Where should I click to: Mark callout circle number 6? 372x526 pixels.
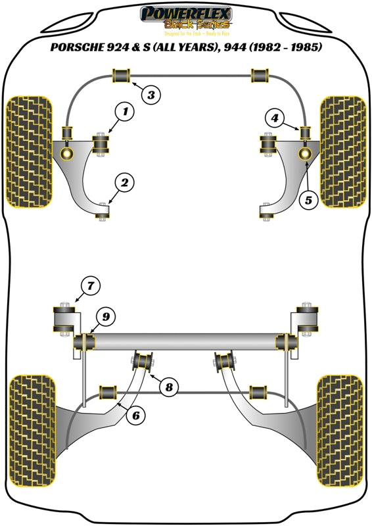(136, 414)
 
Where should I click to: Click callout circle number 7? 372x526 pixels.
(91, 285)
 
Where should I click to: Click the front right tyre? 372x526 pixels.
(342, 150)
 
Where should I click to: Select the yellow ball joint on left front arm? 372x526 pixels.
(68, 153)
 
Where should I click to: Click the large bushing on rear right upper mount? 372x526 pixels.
(306, 319)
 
